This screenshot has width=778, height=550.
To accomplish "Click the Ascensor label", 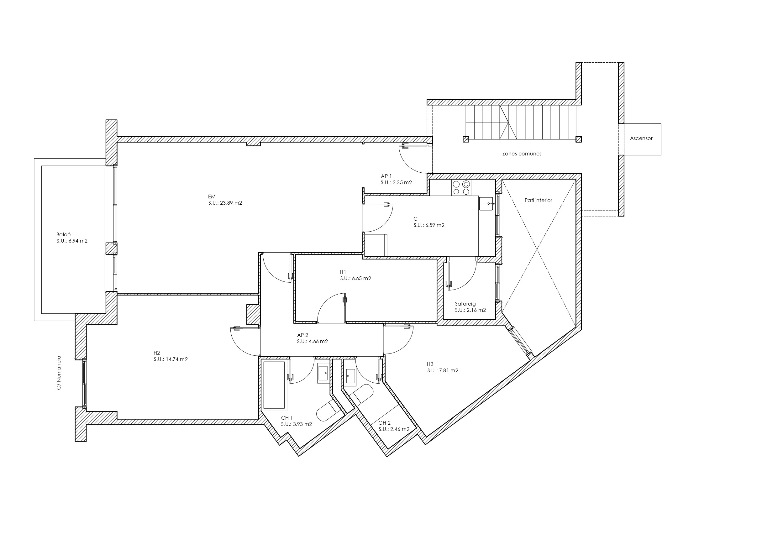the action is pyautogui.click(x=641, y=138).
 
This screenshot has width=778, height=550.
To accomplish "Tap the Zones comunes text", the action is pyautogui.click(x=522, y=154).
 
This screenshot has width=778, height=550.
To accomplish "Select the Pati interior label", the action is pyautogui.click(x=539, y=200).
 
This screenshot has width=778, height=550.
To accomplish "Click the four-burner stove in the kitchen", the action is pyautogui.click(x=461, y=187).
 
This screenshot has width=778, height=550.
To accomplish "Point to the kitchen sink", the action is pyautogui.click(x=486, y=203).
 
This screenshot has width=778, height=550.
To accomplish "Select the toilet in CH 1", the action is pyautogui.click(x=330, y=410).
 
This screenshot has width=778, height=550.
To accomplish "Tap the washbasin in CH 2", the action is pyautogui.click(x=350, y=377).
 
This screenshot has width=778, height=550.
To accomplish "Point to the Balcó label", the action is pyautogui.click(x=63, y=234).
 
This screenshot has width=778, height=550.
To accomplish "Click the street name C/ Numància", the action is pyautogui.click(x=59, y=372).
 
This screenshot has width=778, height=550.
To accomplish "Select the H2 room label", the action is pyautogui.click(x=156, y=353).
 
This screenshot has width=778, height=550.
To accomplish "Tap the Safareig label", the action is pyautogui.click(x=465, y=304).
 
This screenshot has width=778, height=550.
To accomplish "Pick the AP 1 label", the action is pyautogui.click(x=386, y=176).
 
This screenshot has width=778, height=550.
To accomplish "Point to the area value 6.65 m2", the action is pyautogui.click(x=361, y=279).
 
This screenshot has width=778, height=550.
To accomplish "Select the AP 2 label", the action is pyautogui.click(x=302, y=335).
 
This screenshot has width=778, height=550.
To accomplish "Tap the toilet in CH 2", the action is pyautogui.click(x=361, y=395).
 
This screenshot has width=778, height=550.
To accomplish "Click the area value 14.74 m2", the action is pyautogui.click(x=176, y=359).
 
